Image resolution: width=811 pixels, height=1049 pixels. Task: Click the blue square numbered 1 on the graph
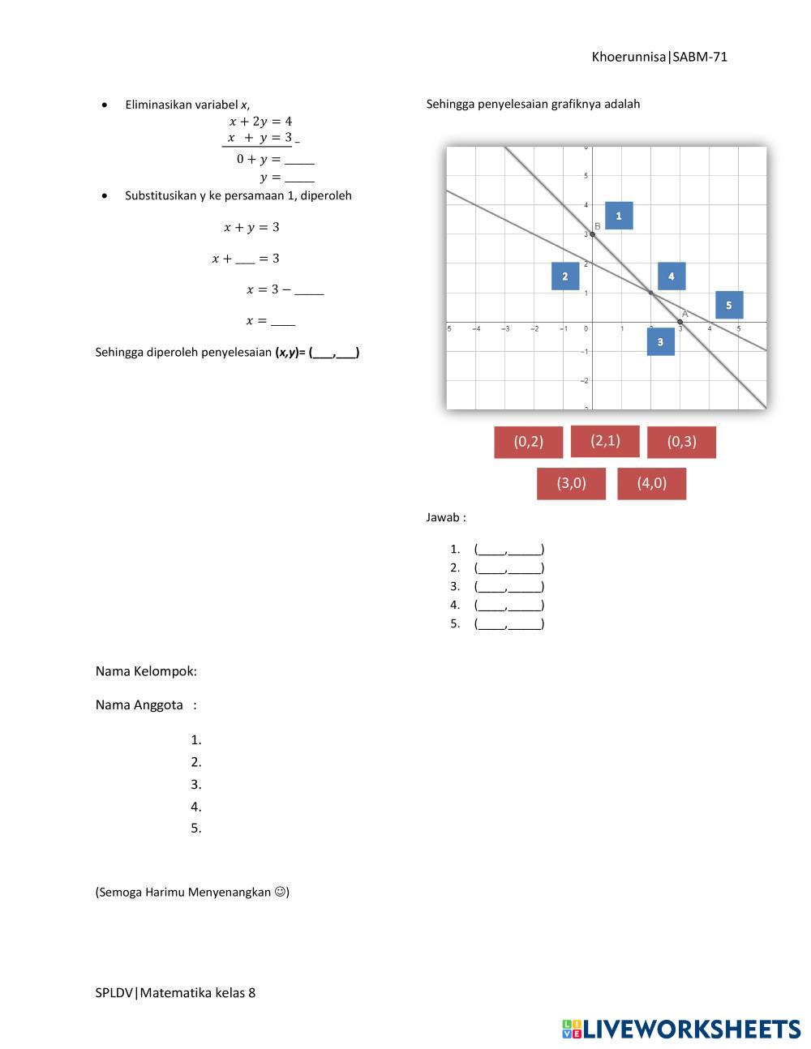[x=619, y=216]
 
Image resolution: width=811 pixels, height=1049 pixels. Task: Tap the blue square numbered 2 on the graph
[x=564, y=276]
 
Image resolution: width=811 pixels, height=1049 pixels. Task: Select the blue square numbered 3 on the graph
[x=660, y=342]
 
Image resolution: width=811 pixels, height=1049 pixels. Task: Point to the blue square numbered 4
[x=671, y=276]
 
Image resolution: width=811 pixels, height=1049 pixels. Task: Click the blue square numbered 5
[x=728, y=305]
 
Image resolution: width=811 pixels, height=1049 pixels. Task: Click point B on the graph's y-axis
[x=592, y=234]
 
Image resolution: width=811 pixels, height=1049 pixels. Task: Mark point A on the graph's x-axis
[x=680, y=322]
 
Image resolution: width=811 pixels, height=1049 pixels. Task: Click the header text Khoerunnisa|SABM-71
[x=659, y=57]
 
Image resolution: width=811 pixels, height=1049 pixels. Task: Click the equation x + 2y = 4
[x=260, y=122]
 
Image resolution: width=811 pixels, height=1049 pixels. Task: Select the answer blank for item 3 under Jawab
[x=508, y=586]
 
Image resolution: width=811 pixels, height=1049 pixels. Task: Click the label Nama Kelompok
[x=146, y=671]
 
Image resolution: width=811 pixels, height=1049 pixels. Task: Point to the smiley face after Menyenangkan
[x=280, y=892]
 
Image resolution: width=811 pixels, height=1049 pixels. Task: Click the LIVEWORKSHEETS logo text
[x=690, y=1029]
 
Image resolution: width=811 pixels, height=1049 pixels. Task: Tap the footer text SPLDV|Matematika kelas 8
[x=175, y=992]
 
